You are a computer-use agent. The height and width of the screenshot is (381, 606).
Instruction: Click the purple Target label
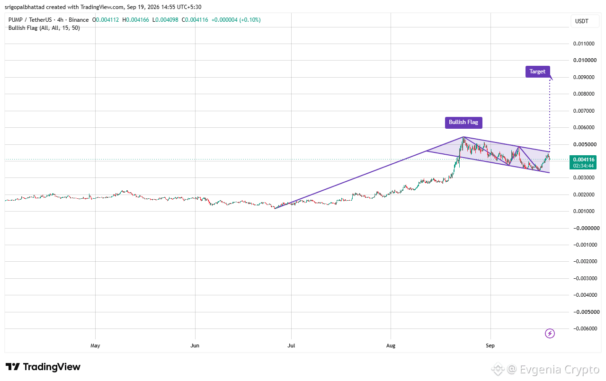537,71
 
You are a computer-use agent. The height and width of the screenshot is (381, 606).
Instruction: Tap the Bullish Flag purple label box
463,122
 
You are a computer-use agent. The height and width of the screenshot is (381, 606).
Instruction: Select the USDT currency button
582,21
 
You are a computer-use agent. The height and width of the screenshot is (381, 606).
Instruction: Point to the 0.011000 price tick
584,44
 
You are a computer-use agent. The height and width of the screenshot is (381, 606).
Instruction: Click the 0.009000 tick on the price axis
584,77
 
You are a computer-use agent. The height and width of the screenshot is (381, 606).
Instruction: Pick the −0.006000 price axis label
585,328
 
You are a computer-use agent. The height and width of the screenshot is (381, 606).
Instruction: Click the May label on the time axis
95,346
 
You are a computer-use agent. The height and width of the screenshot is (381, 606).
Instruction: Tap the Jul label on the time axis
291,346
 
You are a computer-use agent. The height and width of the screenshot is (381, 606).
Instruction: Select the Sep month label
490,346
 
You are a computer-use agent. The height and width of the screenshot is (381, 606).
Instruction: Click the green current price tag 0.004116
583,162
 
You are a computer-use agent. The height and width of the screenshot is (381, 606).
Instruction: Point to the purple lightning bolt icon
550,333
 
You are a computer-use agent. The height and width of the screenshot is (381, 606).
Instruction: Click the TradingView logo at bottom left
43,367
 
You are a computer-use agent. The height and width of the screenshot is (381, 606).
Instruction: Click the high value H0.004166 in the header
135,20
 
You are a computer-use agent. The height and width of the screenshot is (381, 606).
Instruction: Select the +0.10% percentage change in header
250,20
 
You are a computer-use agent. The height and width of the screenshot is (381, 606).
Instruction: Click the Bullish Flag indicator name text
23,28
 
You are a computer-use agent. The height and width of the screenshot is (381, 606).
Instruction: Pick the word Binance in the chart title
79,20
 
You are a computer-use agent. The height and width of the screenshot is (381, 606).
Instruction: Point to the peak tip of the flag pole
463,137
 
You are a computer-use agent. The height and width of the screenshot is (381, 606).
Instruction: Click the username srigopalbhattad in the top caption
25,7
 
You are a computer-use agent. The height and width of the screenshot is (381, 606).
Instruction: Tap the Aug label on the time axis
391,346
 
